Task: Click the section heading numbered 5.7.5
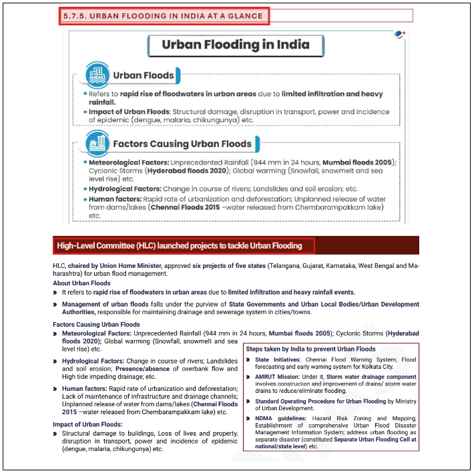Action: pos(164,16)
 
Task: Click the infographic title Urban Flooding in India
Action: pos(236,45)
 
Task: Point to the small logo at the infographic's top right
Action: pos(399,34)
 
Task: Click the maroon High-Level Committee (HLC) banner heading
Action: pos(180,246)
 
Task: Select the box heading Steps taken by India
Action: pos(310,349)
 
